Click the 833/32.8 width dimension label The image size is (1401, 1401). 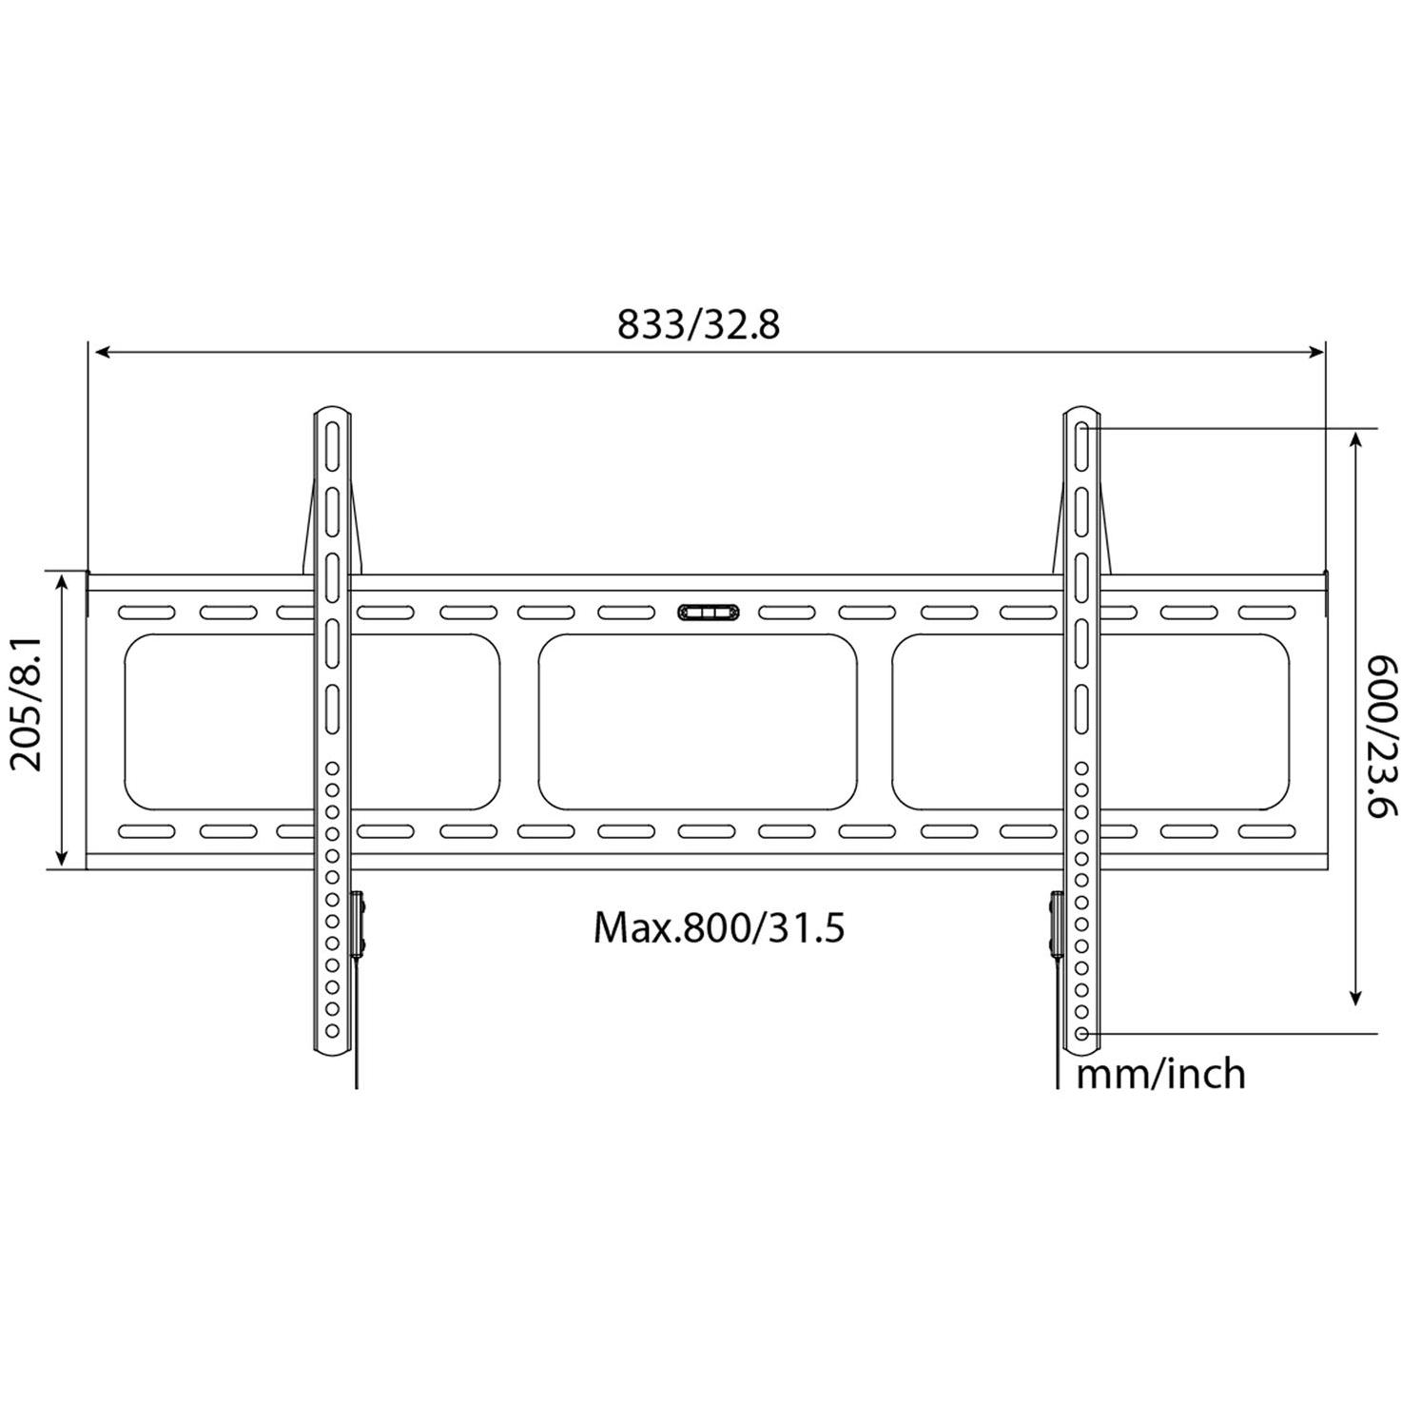coord(698,324)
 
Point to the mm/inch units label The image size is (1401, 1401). coord(1160,1074)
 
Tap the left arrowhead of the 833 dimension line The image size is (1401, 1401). coord(104,353)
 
